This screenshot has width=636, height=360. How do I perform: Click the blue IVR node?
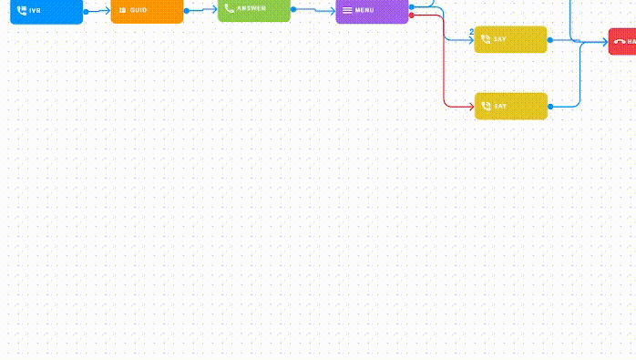tap(46, 10)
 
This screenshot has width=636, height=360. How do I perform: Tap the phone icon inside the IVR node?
tap(22, 10)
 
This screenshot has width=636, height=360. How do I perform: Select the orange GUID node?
tap(147, 10)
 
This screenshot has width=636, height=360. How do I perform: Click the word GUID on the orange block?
tap(138, 10)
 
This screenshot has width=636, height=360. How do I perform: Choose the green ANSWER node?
tap(254, 9)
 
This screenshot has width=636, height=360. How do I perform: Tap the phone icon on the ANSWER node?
tap(230, 8)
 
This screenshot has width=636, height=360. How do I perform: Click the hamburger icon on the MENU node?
tap(347, 10)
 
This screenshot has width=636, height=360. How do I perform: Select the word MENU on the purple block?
tap(364, 10)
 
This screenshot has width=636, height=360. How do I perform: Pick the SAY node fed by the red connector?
tap(511, 106)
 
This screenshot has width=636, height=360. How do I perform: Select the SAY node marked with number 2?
tap(511, 39)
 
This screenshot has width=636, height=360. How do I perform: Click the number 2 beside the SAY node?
tap(471, 33)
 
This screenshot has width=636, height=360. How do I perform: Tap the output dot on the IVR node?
tap(86, 12)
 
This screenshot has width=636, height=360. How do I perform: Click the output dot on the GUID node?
tap(187, 11)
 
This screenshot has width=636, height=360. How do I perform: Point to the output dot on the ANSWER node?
tap(293, 9)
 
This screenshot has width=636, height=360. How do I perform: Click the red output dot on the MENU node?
tap(412, 15)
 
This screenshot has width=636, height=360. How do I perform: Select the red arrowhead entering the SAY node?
tap(470, 106)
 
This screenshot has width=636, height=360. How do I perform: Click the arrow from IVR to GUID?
tap(98, 11)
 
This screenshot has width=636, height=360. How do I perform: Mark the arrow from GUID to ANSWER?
tap(202, 9)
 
